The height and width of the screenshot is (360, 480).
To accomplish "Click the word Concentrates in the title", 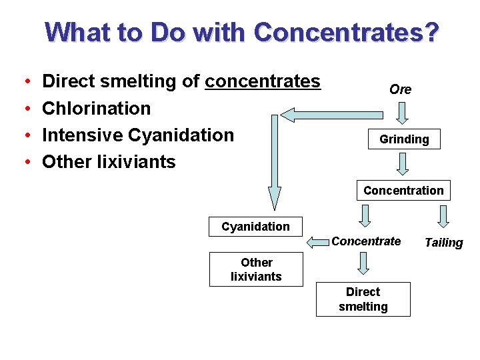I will pos(347,31).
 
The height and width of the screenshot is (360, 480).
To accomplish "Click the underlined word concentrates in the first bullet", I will pos(263,81).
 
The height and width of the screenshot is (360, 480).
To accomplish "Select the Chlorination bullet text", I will pos(96,108).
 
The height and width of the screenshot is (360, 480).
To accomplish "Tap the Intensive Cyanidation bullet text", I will pos(138,135).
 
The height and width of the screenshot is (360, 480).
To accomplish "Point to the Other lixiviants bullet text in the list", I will pos(109,161).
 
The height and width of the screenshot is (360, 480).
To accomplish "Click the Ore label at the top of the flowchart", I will pos(400,89).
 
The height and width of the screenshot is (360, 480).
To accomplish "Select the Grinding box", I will pos(404,139).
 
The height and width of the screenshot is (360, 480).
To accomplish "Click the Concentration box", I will pos(403,191).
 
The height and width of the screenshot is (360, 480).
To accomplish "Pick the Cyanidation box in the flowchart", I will pos(255,227).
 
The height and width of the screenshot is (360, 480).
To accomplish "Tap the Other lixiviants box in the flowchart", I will pos(256,269).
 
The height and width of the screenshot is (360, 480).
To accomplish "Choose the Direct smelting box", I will pos(363,299).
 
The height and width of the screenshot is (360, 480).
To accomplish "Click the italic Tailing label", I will pos(443,243).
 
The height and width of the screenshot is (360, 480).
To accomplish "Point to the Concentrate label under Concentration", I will pos(366,241).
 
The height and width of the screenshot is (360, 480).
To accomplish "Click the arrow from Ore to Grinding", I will pos(401,113).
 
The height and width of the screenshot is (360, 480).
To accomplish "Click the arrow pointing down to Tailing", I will pos(443,216).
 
